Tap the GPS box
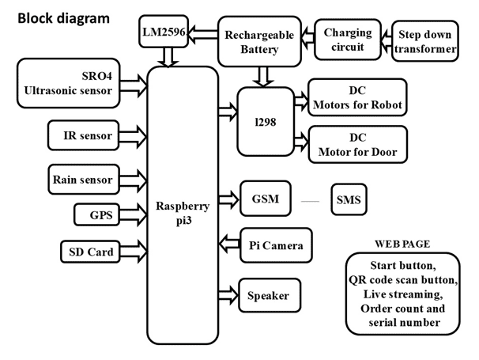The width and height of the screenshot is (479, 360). click(x=98, y=214)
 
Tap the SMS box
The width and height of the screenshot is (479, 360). click(x=348, y=200)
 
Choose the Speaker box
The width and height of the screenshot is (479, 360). click(x=269, y=296)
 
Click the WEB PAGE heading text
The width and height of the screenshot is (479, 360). click(x=402, y=244)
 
